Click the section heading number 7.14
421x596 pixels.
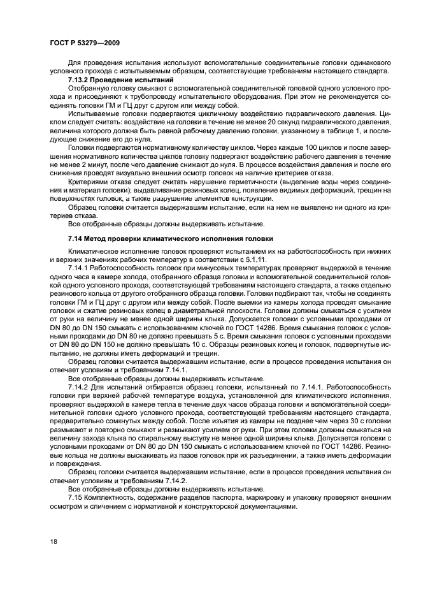77,238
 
